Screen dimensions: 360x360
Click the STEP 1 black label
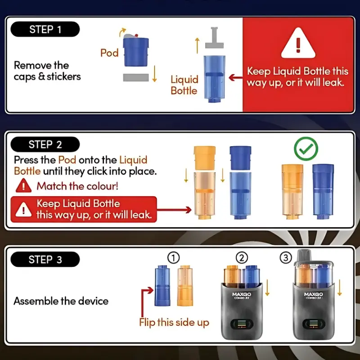coord(45,30)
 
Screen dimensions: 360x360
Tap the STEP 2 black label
coord(45,144)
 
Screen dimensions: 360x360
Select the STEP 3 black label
coord(45,260)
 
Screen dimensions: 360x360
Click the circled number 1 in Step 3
coord(173,258)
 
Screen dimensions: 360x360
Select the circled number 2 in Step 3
coord(242,258)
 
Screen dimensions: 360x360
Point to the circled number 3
coord(286,258)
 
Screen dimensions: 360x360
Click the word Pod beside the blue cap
coord(109,53)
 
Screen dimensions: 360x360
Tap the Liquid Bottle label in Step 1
coord(184,85)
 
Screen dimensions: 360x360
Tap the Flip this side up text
coord(174,323)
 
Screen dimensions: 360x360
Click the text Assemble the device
coord(61,301)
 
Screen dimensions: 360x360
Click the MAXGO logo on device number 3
coord(313,295)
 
